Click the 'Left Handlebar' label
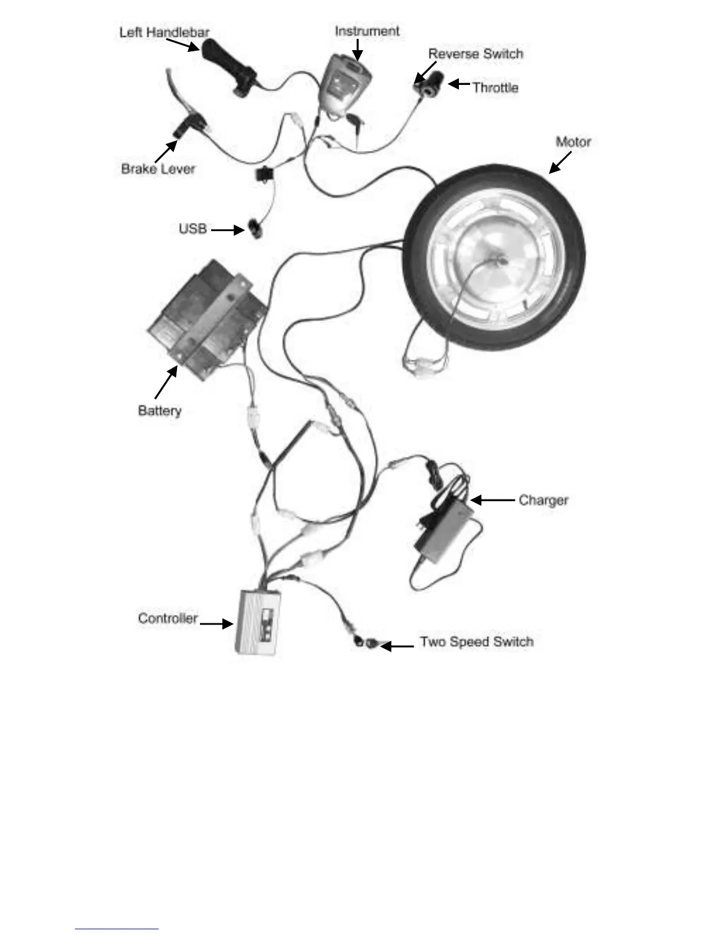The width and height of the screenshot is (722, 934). tap(164, 32)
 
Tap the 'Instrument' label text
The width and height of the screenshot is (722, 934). tap(367, 31)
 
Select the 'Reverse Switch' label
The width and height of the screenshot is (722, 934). tap(475, 54)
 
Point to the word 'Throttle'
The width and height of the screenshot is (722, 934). tap(495, 87)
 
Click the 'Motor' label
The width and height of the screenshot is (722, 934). tap(573, 142)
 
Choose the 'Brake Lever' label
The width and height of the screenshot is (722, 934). tap(157, 169)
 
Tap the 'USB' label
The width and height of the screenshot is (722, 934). tap(193, 228)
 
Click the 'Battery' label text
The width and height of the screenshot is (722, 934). tap(159, 410)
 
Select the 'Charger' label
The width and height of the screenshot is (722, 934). tap(543, 500)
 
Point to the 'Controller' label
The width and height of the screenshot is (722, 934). tap(168, 618)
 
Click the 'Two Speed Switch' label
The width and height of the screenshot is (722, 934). tap(477, 642)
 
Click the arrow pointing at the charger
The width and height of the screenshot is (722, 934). tap(492, 500)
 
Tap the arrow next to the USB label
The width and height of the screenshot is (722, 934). tap(228, 229)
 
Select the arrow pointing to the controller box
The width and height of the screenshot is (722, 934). tap(216, 623)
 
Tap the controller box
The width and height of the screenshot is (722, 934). tap(258, 621)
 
